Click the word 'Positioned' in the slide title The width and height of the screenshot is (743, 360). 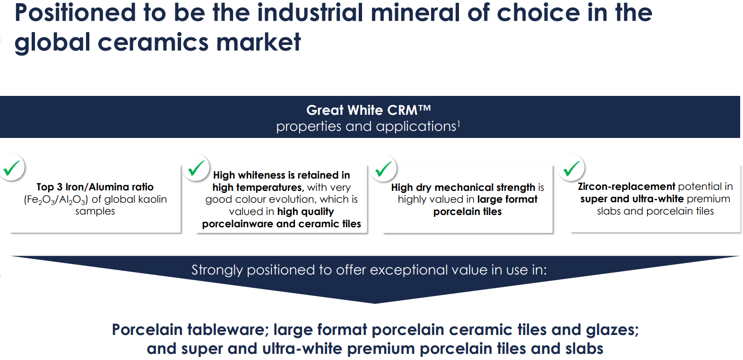pos(75,13)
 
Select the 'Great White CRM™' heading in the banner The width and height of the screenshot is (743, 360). pos(368,110)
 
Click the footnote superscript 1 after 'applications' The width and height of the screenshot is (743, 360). pos(458,124)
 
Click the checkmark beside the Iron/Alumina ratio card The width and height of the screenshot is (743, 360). pos(11,168)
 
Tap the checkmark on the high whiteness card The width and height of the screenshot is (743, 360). pos(196,168)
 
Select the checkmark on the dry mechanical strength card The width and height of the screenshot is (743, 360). pos(383,168)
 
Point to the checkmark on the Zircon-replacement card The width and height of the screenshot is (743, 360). pos(571,168)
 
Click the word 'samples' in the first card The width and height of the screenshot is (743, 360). pos(95,211)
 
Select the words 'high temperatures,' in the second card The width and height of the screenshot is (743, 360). pos(258,188)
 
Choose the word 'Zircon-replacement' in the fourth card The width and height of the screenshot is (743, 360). pos(626,187)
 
